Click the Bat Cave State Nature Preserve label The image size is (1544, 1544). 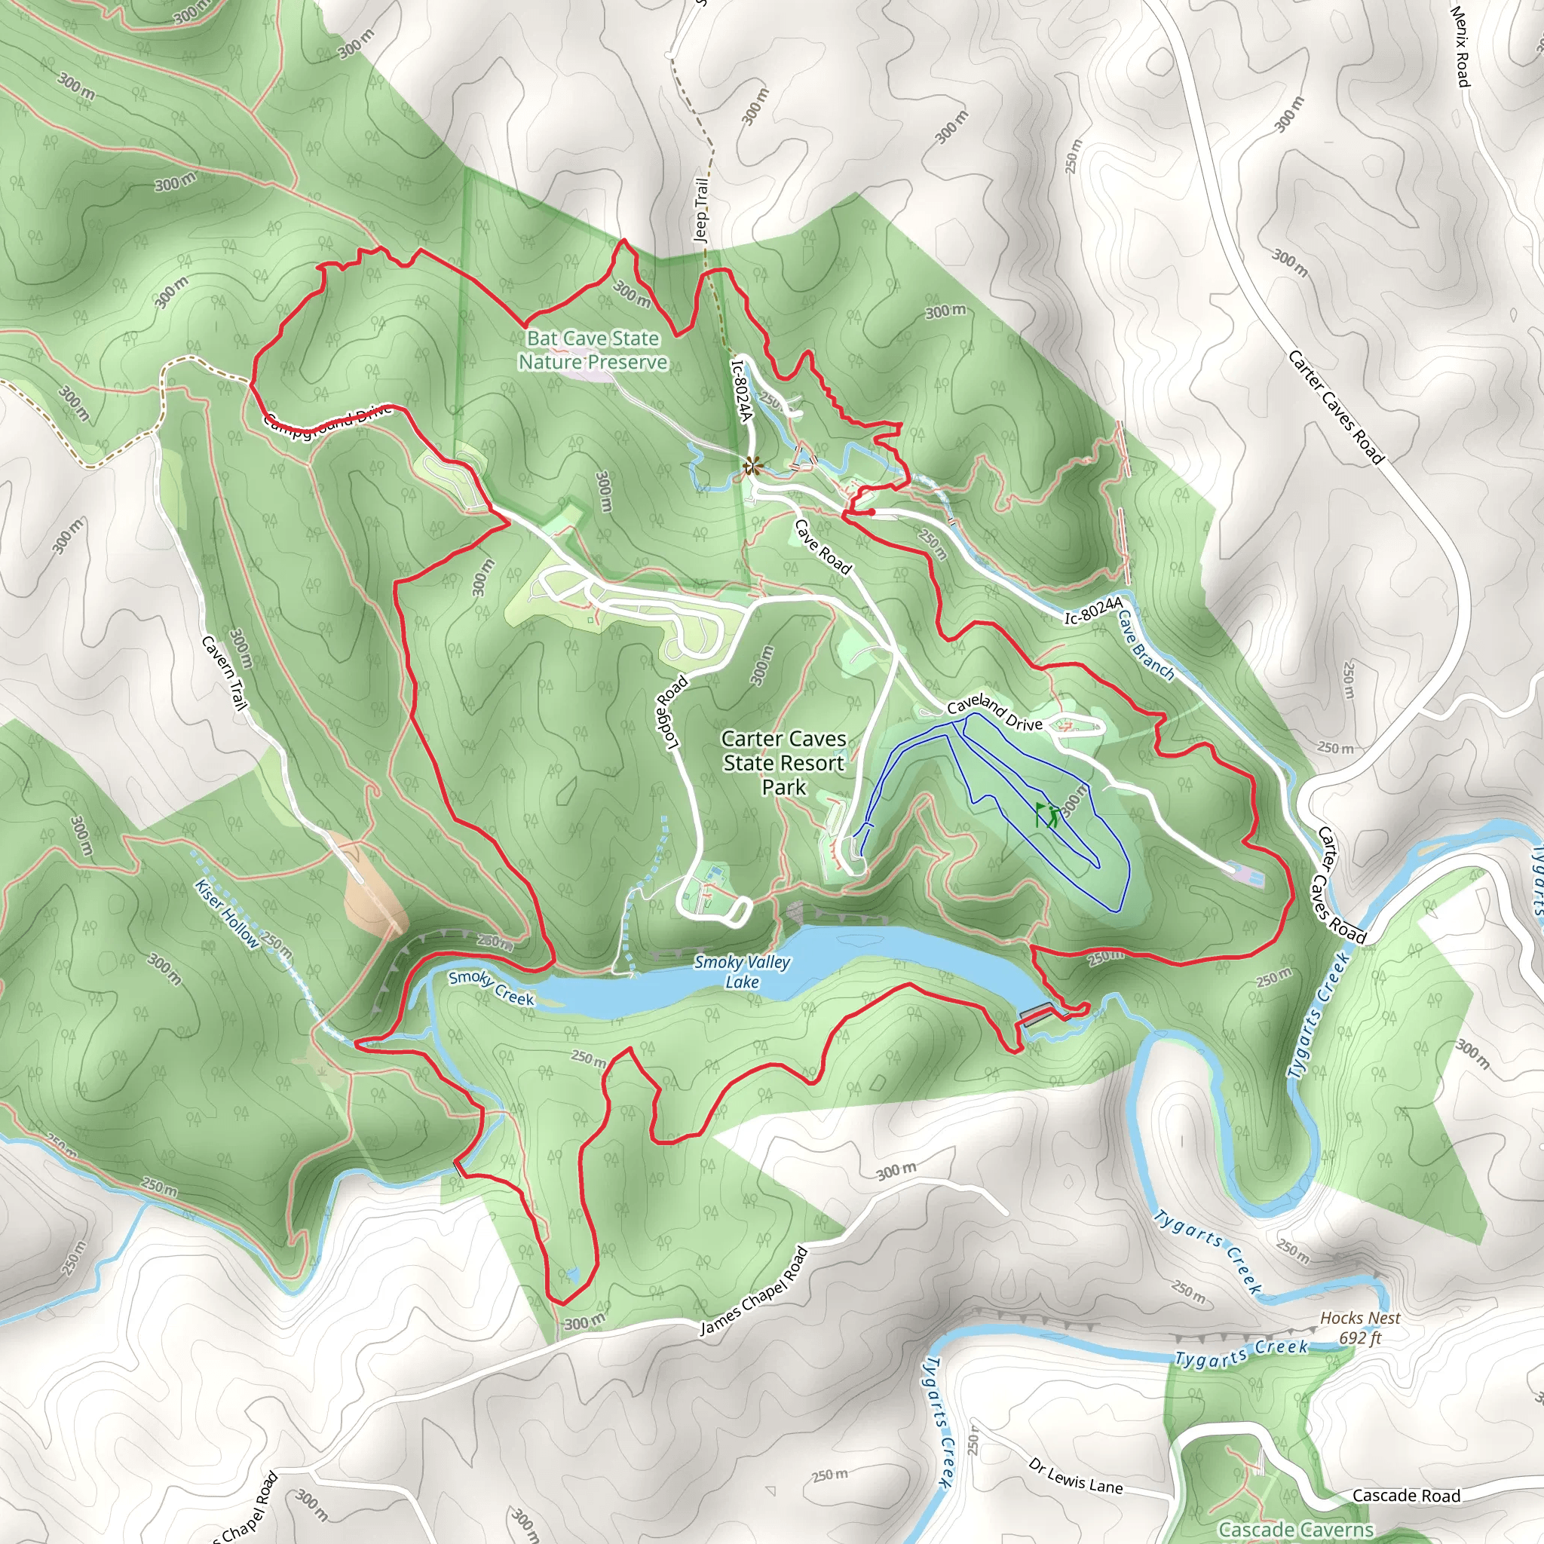[x=593, y=350]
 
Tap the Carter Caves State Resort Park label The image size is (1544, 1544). [x=783, y=762]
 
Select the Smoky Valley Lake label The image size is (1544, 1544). [x=742, y=972]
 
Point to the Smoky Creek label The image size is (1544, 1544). [x=491, y=987]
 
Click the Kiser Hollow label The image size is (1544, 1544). [x=227, y=913]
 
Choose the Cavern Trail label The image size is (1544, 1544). [x=223, y=672]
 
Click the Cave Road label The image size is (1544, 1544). [x=823, y=547]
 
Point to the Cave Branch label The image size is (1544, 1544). [x=1146, y=646]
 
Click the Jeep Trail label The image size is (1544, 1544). [x=701, y=210]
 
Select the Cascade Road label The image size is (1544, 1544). [x=1406, y=1495]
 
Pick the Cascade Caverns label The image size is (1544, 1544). [x=1295, y=1530]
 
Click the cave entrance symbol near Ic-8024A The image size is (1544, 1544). [x=751, y=466]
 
